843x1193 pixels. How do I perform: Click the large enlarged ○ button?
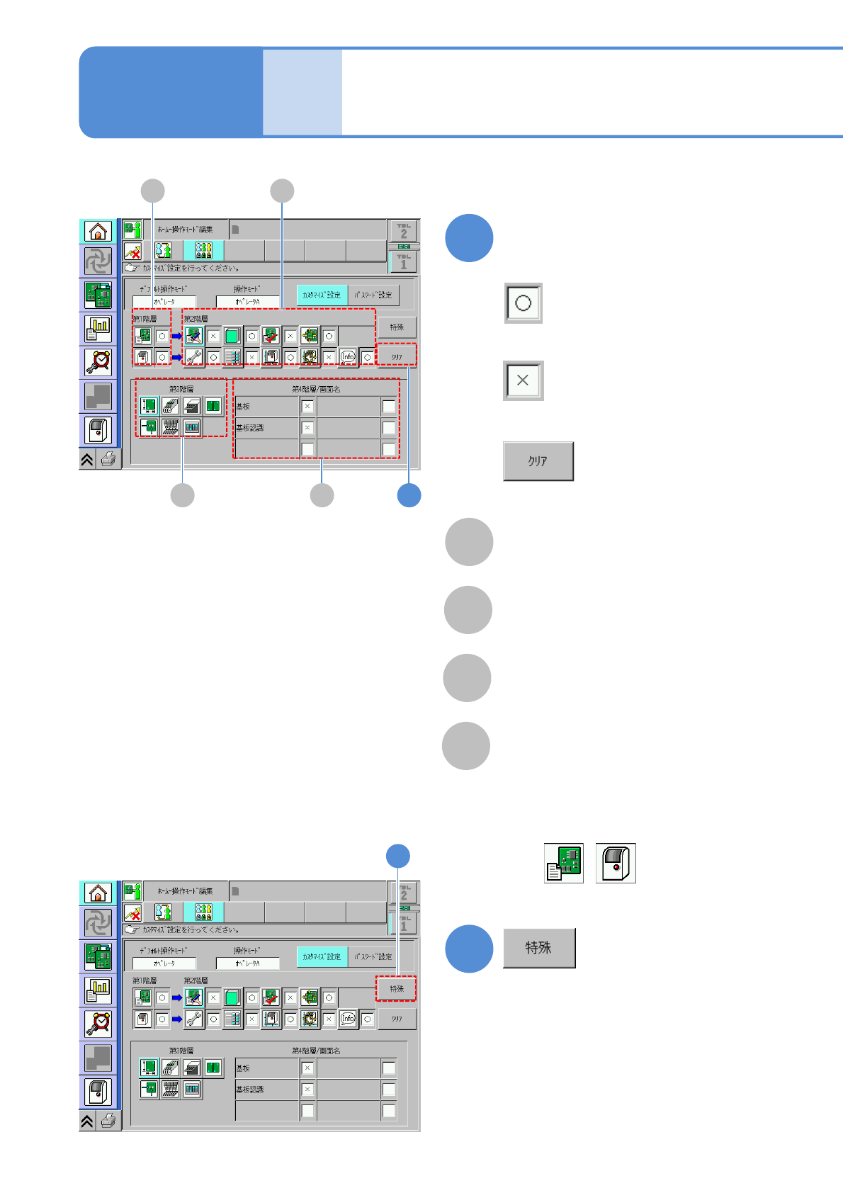tap(523, 303)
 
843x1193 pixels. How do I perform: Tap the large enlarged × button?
tap(523, 380)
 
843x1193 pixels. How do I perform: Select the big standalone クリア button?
tap(538, 461)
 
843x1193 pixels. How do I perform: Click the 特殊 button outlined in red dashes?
tap(396, 988)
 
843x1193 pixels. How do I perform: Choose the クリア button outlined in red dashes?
tap(397, 356)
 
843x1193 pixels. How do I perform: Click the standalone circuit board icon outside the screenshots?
tap(564, 863)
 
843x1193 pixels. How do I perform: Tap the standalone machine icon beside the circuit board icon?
tap(616, 863)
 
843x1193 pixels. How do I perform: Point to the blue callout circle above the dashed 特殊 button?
tap(398, 856)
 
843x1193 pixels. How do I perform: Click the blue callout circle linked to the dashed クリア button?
tap(409, 495)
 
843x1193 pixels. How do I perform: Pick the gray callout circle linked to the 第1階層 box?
tap(152, 191)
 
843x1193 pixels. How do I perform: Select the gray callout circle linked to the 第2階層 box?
tap(282, 191)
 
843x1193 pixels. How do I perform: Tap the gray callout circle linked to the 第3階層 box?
tap(182, 495)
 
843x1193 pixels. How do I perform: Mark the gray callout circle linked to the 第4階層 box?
tap(322, 495)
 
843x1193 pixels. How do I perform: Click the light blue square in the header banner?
tap(302, 92)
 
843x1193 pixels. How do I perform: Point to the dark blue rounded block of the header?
tap(171, 92)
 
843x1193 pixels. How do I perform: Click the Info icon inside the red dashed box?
tap(348, 357)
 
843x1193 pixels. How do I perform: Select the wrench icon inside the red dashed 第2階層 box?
tap(193, 357)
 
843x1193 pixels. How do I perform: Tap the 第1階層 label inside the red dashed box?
tap(145, 319)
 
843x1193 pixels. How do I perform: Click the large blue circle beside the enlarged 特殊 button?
tap(469, 949)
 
